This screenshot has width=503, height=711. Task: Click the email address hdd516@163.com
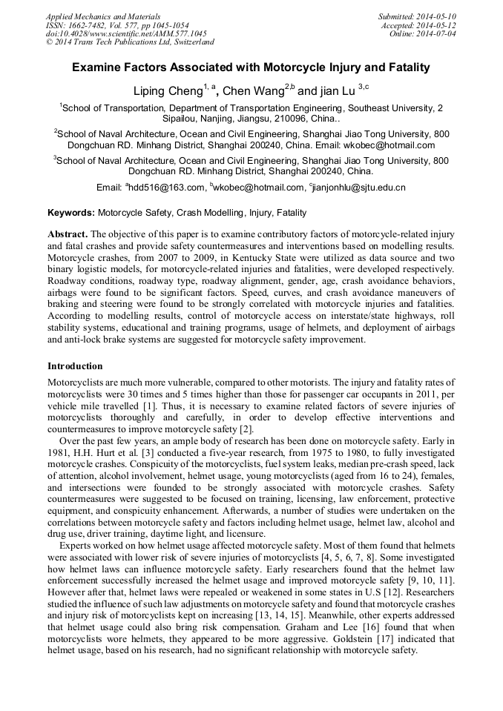click(x=167, y=188)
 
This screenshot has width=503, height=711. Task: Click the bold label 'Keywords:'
click(x=71, y=213)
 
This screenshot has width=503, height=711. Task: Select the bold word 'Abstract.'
click(x=68, y=234)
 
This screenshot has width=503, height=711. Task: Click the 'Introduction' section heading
click(x=75, y=366)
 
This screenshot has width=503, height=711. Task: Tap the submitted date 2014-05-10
click(x=438, y=16)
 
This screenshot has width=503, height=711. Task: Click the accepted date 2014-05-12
click(x=438, y=25)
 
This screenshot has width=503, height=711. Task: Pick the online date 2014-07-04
click(x=438, y=34)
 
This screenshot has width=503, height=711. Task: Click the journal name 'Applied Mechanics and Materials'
click(x=103, y=16)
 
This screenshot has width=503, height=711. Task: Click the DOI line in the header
click(x=126, y=34)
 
